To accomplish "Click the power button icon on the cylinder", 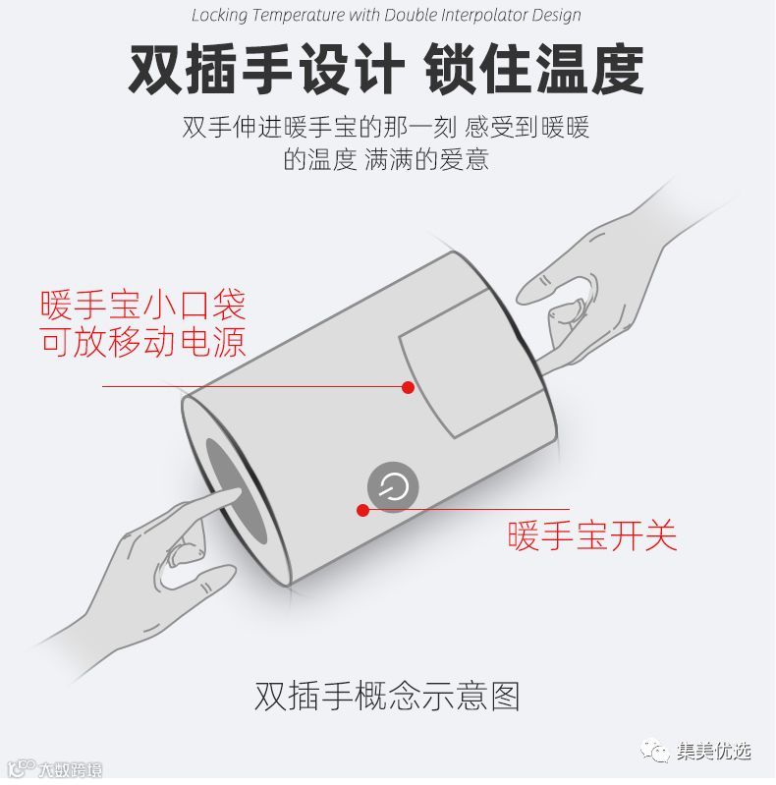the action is [393, 486].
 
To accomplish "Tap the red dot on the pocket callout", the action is [408, 387].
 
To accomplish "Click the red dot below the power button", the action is [363, 510].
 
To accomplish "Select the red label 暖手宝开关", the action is [592, 536].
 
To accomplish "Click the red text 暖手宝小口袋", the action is [143, 305].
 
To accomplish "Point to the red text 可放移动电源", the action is [143, 342].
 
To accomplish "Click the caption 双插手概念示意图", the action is [387, 696].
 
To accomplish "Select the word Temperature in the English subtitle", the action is [299, 15].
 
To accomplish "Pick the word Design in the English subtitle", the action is [556, 16].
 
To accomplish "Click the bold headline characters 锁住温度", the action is [534, 69].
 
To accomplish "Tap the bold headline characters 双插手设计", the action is [266, 69].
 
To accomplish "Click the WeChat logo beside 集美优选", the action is [654, 751].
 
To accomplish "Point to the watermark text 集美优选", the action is [714, 751].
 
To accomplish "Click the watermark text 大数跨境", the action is [70, 770].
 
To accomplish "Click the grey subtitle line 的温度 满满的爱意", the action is [386, 160].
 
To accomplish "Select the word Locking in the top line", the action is [220, 16].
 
